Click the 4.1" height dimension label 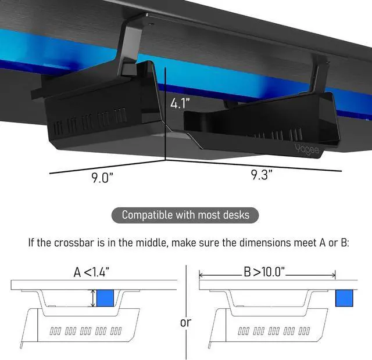pyautogui.click(x=180, y=103)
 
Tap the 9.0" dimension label pyautogui.click(x=102, y=178)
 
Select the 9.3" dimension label pyautogui.click(x=262, y=175)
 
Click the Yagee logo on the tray pyautogui.click(x=307, y=150)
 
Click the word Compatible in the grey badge pyautogui.click(x=147, y=215)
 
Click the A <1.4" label pyautogui.click(x=91, y=272)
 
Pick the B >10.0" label pyautogui.click(x=264, y=272)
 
